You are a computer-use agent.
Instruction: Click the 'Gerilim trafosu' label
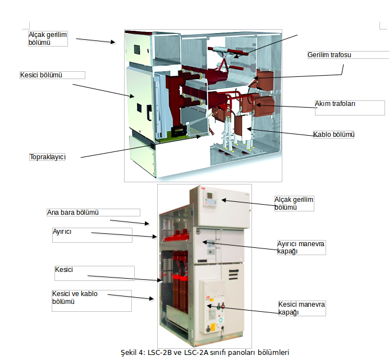coord(329,55)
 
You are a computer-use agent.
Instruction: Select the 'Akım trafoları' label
coord(336,104)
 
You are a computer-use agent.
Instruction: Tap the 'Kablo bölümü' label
coord(333,135)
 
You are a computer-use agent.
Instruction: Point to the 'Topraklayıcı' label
coord(48,157)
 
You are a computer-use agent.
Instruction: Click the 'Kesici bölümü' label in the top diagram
coord(41,75)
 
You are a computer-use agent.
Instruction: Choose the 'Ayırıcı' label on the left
coord(62,231)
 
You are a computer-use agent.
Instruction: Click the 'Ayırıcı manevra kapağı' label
coord(301,247)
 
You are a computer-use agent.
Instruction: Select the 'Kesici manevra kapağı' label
coord(301,308)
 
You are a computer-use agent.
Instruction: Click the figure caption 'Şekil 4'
coord(205,353)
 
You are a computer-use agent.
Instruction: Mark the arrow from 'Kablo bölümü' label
coord(281,132)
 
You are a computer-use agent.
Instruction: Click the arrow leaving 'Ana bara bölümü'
coord(130,222)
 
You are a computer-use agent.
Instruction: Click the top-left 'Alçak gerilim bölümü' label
coord(48,38)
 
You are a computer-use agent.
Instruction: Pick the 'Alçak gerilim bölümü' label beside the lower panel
coord(294,203)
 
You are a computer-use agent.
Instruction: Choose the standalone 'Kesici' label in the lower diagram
coord(64,270)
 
